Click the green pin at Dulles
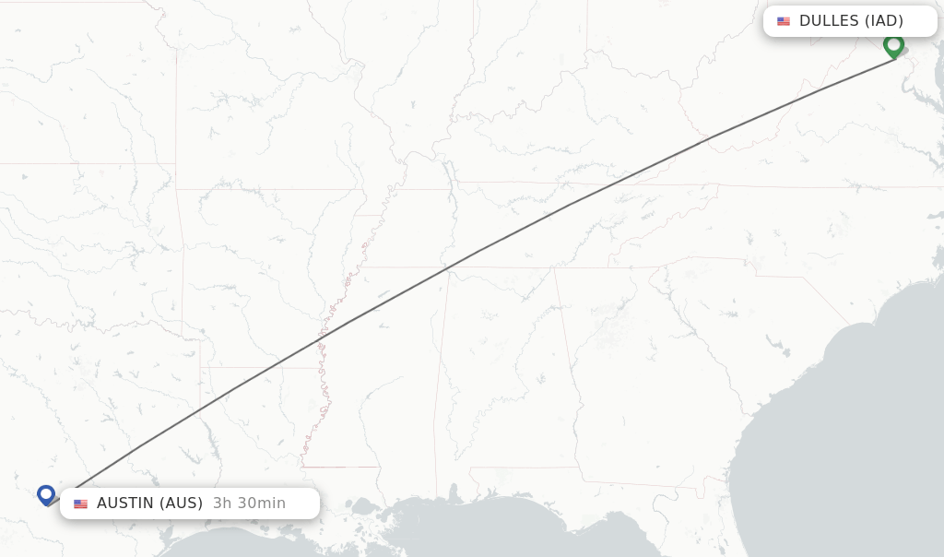tap(893, 44)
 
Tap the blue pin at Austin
tap(46, 494)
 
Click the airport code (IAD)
tap(883, 21)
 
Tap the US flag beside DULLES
tap(784, 21)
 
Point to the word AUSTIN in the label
tap(125, 504)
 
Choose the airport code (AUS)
tap(181, 504)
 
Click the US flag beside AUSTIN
tap(81, 504)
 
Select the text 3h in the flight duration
tap(222, 504)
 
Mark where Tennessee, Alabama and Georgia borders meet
tap(554, 268)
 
